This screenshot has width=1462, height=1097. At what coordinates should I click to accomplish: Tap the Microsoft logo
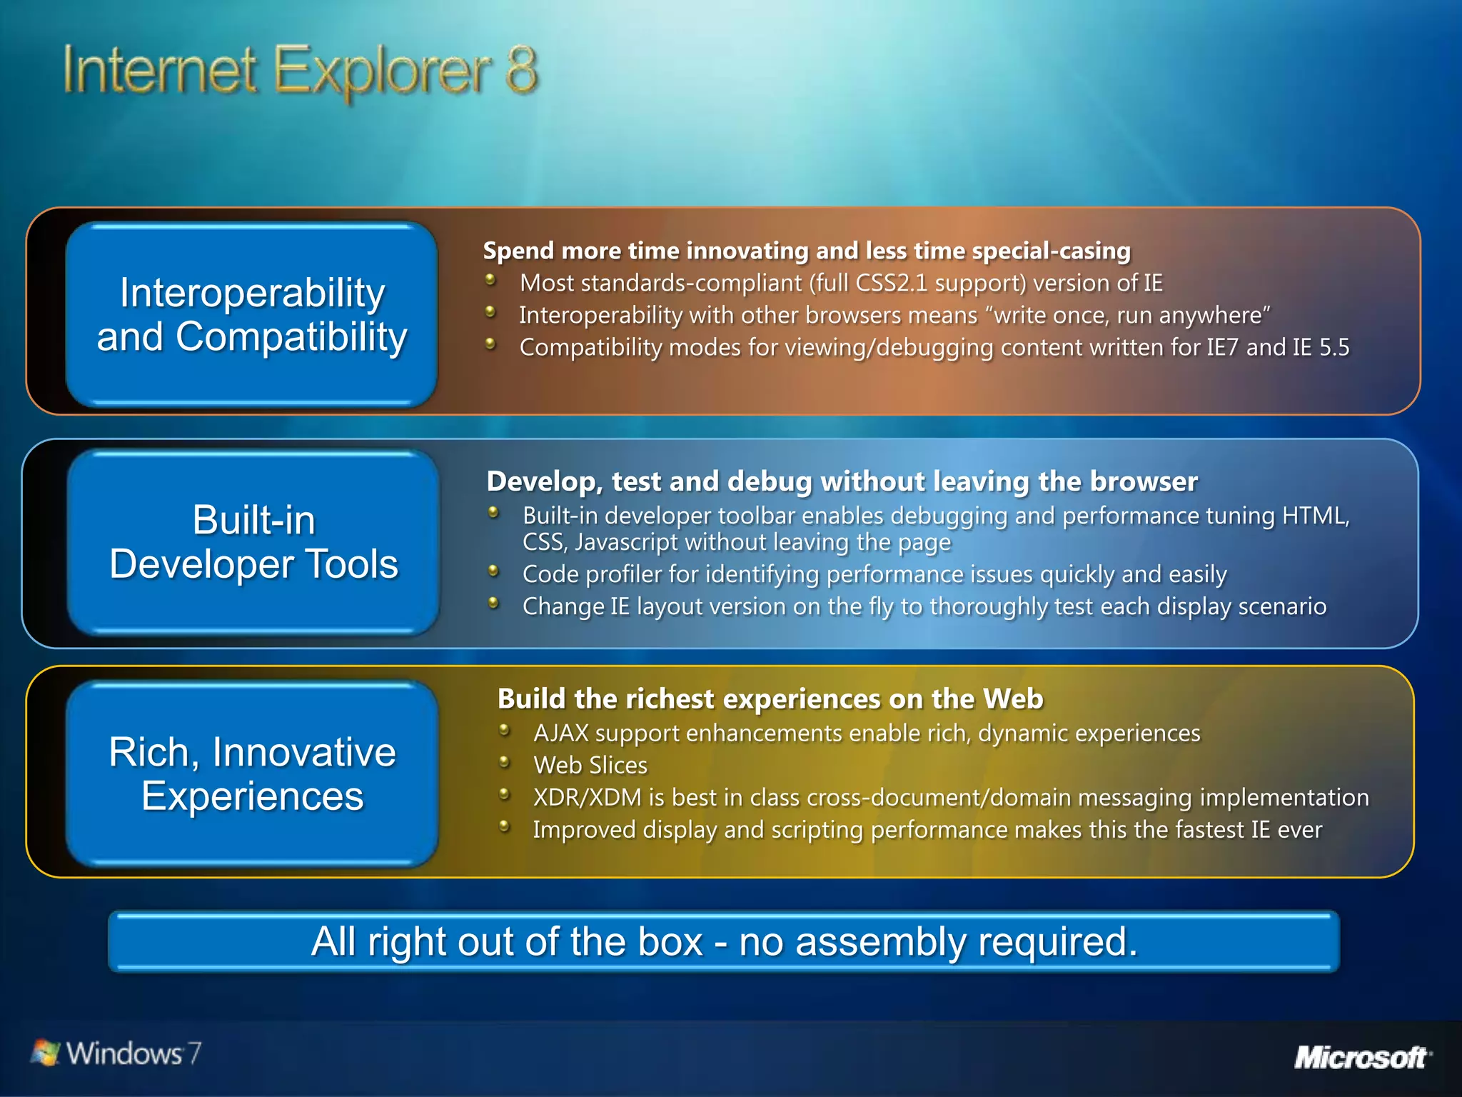[x=1361, y=1056]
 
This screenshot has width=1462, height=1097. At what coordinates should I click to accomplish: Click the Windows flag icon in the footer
[x=46, y=1053]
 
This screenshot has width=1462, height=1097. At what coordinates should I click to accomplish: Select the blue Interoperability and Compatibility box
[x=251, y=315]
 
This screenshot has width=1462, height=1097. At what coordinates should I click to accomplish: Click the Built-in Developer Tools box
[x=253, y=542]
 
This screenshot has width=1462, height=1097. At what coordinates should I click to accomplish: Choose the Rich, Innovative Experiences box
[x=251, y=773]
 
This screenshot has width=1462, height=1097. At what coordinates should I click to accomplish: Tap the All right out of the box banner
[x=723, y=941]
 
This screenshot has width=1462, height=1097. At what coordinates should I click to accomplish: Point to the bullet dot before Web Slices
[x=505, y=762]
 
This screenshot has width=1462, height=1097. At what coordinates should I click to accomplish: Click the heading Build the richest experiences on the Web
[x=770, y=698]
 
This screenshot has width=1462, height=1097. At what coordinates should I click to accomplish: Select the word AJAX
[x=560, y=733]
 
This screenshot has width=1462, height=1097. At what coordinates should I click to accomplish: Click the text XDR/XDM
[x=587, y=797]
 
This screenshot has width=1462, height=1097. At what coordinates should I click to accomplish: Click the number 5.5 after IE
[x=1334, y=348]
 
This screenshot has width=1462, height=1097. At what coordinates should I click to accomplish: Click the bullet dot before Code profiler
[x=493, y=571]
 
